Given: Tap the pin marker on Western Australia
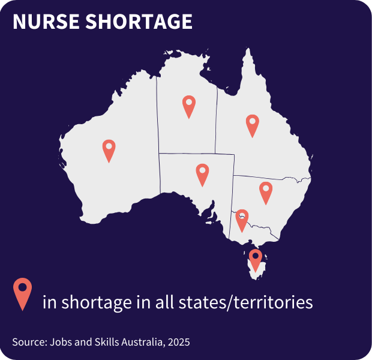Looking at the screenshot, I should point(109,149).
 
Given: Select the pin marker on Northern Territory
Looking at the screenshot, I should point(189,106).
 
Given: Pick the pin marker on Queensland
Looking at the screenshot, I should point(253,124).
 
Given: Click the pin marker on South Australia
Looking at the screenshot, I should point(203,173).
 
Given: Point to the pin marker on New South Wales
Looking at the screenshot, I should point(266,191).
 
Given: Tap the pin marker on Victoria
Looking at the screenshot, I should point(242,219).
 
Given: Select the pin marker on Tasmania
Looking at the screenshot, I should point(256,259).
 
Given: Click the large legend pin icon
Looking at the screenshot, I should point(23,292).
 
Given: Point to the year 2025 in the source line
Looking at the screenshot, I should point(179,342).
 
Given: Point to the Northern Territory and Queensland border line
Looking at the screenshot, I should point(216,120).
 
